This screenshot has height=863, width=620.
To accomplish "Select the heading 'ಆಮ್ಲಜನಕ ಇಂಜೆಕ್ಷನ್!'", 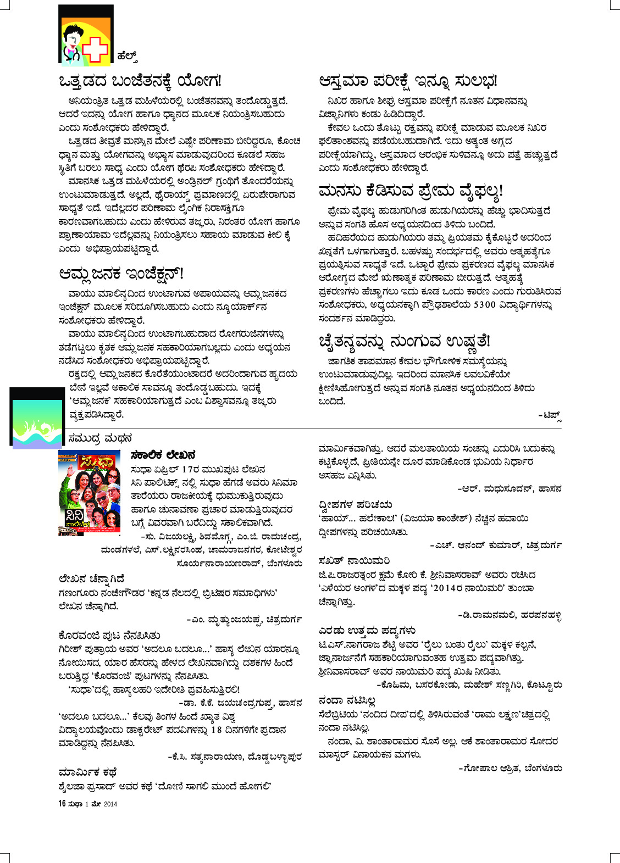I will pos(121,274).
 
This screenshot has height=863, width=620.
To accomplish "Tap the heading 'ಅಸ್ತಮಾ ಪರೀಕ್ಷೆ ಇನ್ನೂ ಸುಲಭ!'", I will pos(408,81).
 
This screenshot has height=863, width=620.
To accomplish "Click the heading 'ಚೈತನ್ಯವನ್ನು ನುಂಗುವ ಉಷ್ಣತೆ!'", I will pos(404,341).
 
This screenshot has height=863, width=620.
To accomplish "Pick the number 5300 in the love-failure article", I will pos(484,305).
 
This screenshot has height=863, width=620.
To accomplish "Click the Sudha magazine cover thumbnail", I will pos(90,493).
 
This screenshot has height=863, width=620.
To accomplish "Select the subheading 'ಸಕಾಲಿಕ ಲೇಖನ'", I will pos(163,455).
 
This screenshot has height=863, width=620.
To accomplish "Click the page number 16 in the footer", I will pos(62,804).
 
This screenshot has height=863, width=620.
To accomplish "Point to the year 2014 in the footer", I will pos(110,804).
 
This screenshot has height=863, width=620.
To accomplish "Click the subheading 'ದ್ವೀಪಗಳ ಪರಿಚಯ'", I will pos(355,504).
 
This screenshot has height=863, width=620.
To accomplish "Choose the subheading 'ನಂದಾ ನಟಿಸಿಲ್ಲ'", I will pos(347,700).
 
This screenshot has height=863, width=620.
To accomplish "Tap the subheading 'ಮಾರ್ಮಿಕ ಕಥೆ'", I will pos(87,772).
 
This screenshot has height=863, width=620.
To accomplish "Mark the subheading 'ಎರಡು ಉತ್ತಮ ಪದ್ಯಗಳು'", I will pos(367,630).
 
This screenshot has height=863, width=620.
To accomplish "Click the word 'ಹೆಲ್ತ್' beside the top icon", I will pos(126,56).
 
